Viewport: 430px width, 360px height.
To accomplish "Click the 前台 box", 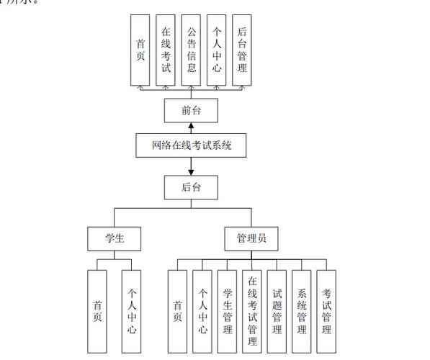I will (x=191, y=111).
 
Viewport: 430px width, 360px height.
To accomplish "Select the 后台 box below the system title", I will (x=191, y=188).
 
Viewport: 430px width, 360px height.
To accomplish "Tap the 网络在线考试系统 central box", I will (x=191, y=145).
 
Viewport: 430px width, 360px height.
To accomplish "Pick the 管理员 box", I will (x=251, y=238).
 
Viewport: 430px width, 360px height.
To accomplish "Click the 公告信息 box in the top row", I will (x=191, y=49).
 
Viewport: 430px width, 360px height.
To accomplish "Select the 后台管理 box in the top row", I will (x=241, y=49).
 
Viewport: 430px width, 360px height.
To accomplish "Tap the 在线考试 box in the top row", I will (x=166, y=49).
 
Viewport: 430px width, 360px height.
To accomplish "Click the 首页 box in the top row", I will (x=141, y=49).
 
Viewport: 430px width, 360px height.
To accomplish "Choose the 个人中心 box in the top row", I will (x=216, y=49).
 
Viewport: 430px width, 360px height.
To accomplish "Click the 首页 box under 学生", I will (x=97, y=311).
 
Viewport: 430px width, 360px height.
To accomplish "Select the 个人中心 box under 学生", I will (x=131, y=311).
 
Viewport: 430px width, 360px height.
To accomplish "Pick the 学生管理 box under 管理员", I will (x=227, y=311).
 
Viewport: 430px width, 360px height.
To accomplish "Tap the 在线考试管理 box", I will (x=252, y=311).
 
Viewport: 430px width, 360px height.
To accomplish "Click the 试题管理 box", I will (x=277, y=311).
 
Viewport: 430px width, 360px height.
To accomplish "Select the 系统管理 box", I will (x=302, y=311).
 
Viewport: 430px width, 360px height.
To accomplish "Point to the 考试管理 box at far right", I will (x=326, y=311).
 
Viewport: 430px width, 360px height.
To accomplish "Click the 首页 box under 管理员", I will (x=177, y=311).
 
